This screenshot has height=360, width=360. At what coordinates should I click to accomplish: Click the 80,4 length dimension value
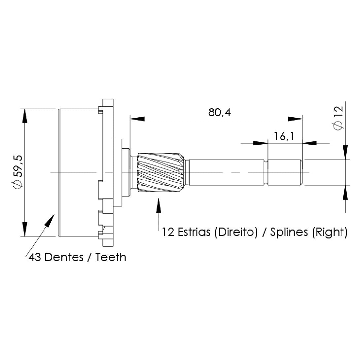coord(220,113)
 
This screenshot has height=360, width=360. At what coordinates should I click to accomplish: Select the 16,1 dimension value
coord(284,136)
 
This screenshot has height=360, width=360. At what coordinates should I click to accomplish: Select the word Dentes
coord(64,257)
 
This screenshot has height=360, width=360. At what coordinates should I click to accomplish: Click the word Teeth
coord(111,257)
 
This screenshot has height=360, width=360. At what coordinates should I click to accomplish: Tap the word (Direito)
coord(236,232)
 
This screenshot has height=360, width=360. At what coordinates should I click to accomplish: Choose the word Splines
coord(289,232)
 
